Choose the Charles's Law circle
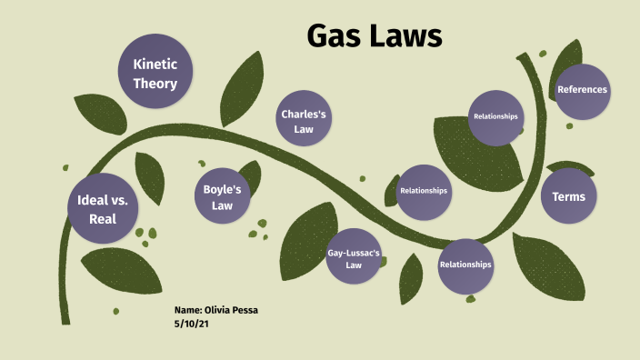pos(304,122)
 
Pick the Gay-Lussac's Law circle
pos(354,258)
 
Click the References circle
pos(582,89)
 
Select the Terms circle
pos(568,196)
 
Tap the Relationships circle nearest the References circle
pos(495,117)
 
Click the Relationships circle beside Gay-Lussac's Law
pos(465,265)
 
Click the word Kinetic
pos(155,65)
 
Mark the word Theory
pos(155,85)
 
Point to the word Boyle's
pos(223,190)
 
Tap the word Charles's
pos(304,115)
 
